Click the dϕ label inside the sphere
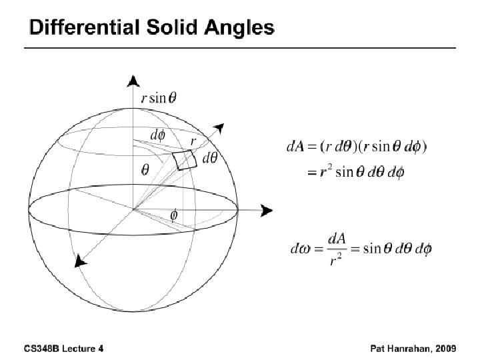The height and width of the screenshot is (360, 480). (158, 135)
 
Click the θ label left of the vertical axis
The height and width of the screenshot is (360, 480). (145, 169)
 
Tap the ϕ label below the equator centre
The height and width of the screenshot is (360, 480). (174, 216)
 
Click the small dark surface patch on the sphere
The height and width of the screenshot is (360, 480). (184, 160)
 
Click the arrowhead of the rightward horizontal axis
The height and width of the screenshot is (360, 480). (267, 211)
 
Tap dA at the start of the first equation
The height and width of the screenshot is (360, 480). (295, 146)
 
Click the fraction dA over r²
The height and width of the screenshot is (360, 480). (335, 249)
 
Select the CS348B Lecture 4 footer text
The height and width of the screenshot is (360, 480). (64, 349)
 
